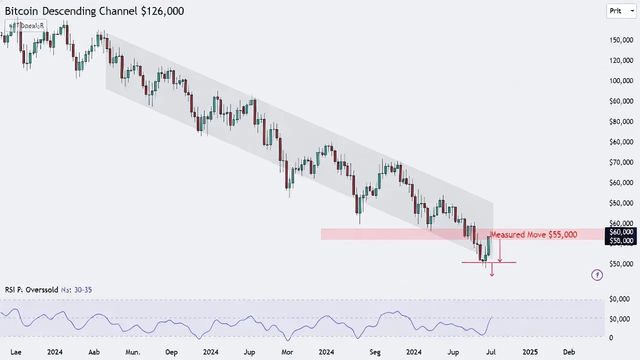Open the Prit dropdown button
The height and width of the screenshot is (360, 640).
point(621,10)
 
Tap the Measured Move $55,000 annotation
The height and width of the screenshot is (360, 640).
point(534,234)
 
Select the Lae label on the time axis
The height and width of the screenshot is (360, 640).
point(16,352)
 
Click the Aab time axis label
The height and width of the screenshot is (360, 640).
point(94,352)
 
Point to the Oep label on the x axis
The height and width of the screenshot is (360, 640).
point(171,352)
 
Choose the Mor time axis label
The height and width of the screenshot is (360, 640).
point(287,352)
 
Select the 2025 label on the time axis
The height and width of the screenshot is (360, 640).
point(530,352)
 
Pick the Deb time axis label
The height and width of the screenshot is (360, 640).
point(569,352)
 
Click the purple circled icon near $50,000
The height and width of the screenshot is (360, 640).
point(597,274)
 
